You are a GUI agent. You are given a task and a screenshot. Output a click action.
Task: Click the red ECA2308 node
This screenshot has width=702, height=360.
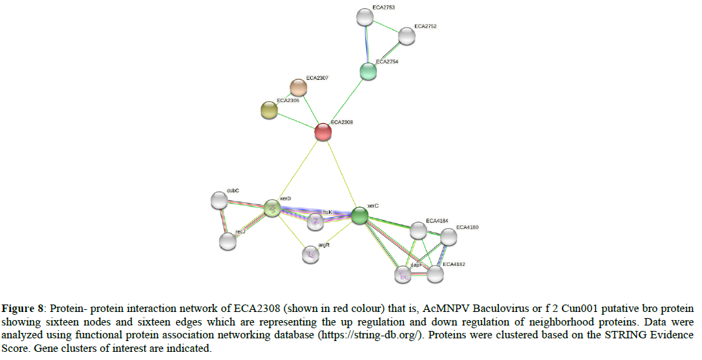[324, 132]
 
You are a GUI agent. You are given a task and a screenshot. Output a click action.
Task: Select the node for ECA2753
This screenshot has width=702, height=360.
[365, 16]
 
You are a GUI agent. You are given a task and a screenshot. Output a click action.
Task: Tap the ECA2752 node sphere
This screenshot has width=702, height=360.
[406, 36]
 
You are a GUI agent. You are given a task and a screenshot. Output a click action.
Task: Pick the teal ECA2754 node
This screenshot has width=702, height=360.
[368, 71]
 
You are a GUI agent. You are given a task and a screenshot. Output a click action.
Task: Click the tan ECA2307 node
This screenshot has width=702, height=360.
[298, 87]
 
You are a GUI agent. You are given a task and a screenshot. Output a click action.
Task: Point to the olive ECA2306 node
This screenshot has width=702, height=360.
[269, 110]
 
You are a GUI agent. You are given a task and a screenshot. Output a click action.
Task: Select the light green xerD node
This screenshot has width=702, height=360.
[272, 208]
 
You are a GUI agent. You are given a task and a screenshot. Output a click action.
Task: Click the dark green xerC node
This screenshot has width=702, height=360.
[359, 216]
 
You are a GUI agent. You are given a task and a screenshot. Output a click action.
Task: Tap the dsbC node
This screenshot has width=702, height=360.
[219, 200]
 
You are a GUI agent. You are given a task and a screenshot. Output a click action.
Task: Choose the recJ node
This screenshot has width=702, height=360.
[228, 241]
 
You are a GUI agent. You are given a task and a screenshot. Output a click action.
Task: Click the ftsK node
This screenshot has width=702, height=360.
[315, 221]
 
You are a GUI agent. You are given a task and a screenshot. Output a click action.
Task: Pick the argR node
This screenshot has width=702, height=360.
[310, 254]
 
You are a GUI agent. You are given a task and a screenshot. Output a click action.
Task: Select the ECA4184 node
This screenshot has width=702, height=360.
[418, 231]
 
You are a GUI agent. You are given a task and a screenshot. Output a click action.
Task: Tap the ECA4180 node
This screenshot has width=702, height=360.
[448, 236]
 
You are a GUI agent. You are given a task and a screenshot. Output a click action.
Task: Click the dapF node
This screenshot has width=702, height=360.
[403, 275]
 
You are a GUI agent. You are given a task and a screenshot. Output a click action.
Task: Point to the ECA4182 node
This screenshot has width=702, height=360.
[435, 273]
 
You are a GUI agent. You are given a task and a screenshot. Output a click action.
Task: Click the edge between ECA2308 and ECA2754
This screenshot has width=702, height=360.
[346, 102]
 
